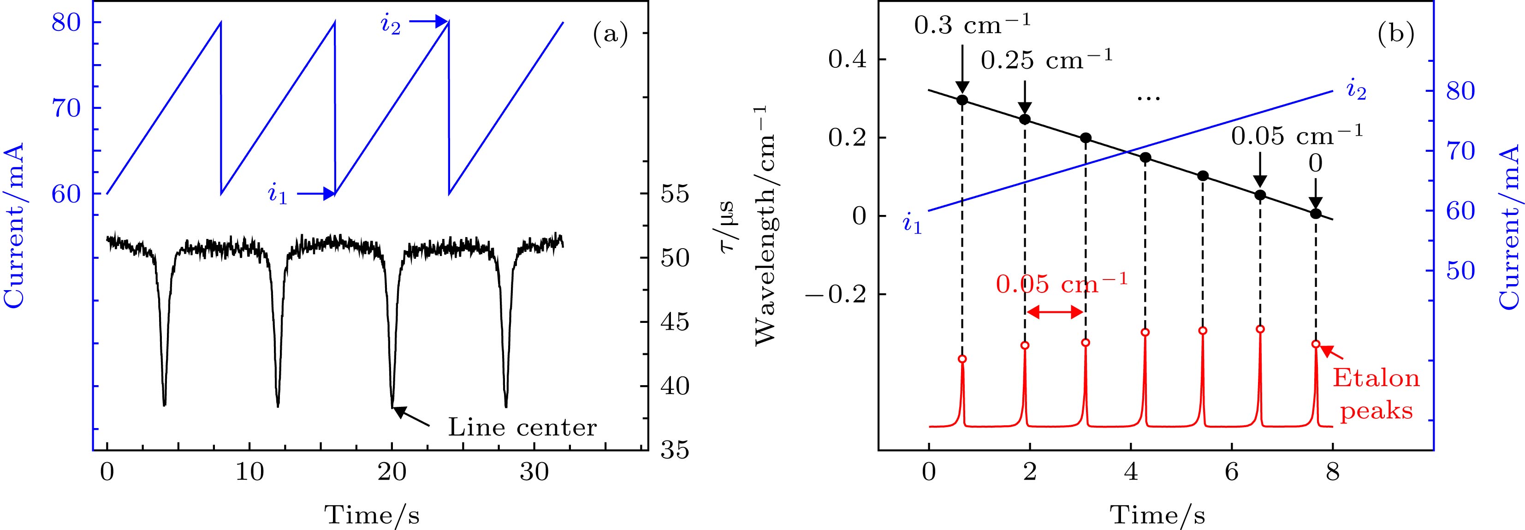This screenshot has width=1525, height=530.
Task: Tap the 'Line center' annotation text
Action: click(x=522, y=428)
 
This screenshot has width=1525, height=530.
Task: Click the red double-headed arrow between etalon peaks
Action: click(x=1055, y=313)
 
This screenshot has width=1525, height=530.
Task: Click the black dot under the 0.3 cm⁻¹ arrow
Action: click(x=962, y=100)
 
